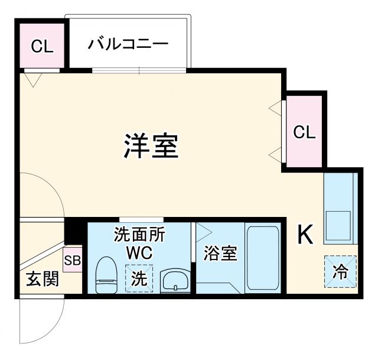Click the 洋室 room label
[151, 145]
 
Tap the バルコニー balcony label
[129, 44]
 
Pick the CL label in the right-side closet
[305, 132]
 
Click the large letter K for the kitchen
[305, 235]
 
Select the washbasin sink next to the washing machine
[174, 280]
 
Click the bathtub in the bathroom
[262, 258]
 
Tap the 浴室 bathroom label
[221, 253]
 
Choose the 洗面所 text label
[139, 233]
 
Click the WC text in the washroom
[139, 252]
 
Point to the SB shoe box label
[72, 260]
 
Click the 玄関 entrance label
[42, 278]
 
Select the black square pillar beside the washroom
[74, 231]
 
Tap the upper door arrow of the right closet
[275, 108]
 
